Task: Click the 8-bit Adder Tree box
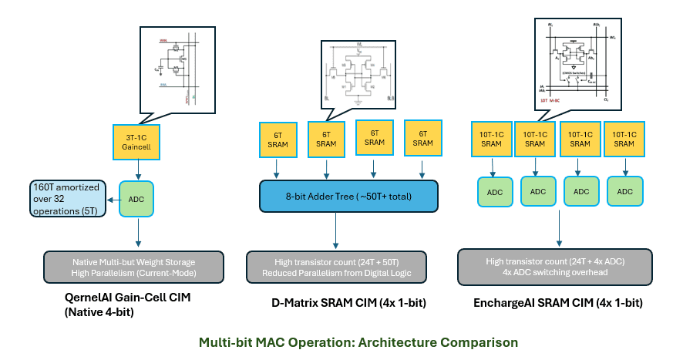pos(348,195)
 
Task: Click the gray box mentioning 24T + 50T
pos(343,266)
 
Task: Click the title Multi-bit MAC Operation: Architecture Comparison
pos(358,341)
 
